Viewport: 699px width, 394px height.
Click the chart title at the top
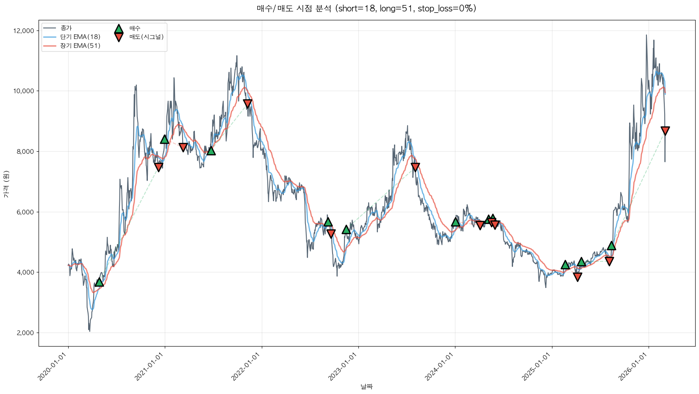pyautogui.click(x=366, y=8)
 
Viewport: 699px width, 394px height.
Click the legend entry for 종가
pyautogui.click(x=66, y=28)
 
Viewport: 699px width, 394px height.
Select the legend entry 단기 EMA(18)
pyautogui.click(x=80, y=37)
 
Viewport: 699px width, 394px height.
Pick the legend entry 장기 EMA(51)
pyautogui.click(x=80, y=46)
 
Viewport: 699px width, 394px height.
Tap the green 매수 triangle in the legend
pyautogui.click(x=119, y=29)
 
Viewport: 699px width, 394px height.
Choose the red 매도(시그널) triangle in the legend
pyautogui.click(x=119, y=37)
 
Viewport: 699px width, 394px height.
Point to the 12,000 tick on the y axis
pyautogui.click(x=25, y=31)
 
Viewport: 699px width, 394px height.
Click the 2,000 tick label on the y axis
pyautogui.click(x=26, y=333)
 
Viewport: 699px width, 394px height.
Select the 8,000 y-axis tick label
pyautogui.click(x=26, y=152)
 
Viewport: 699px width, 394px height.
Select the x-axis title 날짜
pyautogui.click(x=366, y=386)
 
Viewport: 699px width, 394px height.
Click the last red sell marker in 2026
pyautogui.click(x=665, y=131)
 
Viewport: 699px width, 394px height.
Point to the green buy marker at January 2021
pyautogui.click(x=165, y=139)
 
